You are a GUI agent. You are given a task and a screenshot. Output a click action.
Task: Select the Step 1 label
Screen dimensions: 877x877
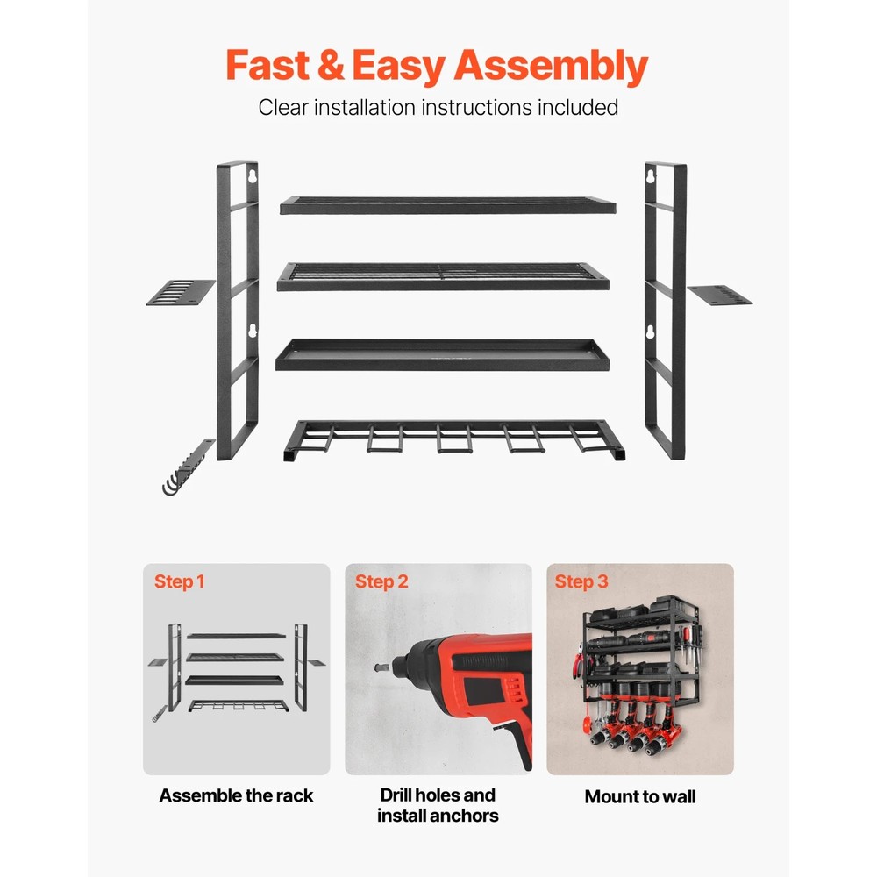pos(180,581)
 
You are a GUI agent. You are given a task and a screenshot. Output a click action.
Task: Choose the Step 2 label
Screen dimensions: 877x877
pos(381,581)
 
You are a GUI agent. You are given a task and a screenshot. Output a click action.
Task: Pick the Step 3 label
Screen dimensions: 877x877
pos(581,581)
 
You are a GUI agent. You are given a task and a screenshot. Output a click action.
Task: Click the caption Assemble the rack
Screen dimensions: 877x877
pos(236,796)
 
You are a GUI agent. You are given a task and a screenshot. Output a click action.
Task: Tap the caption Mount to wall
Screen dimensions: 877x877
pos(640,797)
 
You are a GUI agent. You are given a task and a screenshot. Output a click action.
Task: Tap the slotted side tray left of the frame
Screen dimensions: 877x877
pos(181,293)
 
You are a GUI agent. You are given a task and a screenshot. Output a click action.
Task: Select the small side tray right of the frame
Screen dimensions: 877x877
pos(720,295)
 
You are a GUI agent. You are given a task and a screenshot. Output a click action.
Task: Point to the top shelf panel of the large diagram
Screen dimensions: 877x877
pos(447,206)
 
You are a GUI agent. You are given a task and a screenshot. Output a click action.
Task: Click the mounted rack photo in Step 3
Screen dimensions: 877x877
pos(640,671)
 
